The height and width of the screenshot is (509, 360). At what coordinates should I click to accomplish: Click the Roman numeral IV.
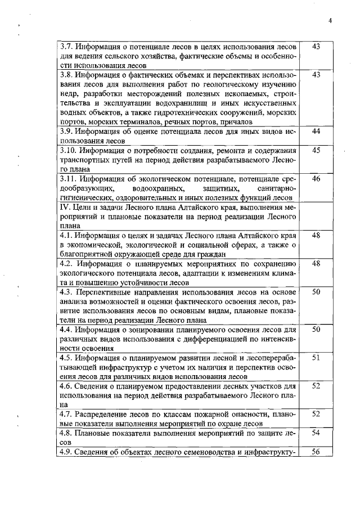click(64, 208)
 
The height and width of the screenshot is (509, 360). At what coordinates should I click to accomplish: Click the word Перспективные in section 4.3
click(105, 294)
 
